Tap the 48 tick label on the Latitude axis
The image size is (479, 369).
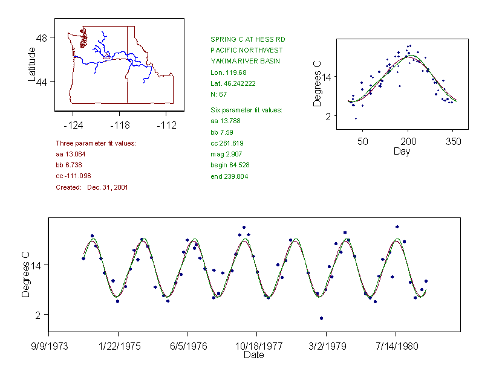[42, 37]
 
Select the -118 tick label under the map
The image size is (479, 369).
[119, 126]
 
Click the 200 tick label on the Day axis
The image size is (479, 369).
[408, 141]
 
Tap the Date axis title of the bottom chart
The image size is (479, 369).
[253, 355]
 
